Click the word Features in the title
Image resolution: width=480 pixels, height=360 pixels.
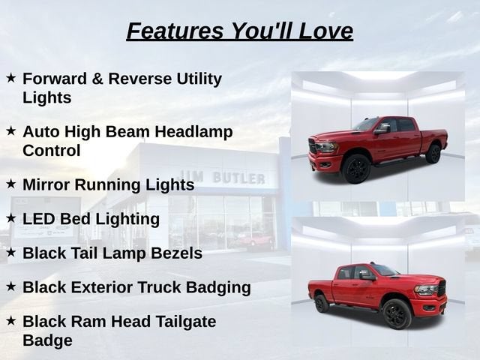point(175,31)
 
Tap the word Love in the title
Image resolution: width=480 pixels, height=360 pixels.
point(325,31)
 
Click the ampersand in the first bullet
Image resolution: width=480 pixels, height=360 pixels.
point(97,79)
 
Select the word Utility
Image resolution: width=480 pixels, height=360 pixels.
point(199,79)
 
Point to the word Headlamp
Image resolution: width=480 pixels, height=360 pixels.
point(193,132)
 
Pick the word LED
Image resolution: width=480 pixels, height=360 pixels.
point(39,219)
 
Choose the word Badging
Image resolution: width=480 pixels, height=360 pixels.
point(218,288)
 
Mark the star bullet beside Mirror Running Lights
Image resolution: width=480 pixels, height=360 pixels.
point(11,184)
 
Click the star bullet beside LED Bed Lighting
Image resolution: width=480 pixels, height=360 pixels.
point(11,218)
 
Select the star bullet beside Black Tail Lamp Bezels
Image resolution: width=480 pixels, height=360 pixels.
point(11,253)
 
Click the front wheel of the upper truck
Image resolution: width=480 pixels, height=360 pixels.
point(356,169)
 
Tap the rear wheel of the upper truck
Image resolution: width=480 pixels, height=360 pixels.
point(433,154)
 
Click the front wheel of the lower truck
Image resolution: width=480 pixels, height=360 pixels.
point(397,313)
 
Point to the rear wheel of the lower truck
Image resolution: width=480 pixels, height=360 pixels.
point(322,304)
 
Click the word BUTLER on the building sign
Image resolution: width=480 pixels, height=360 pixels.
point(238,178)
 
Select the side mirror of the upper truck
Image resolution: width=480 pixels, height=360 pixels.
point(382,128)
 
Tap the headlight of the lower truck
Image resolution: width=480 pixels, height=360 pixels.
point(426,290)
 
